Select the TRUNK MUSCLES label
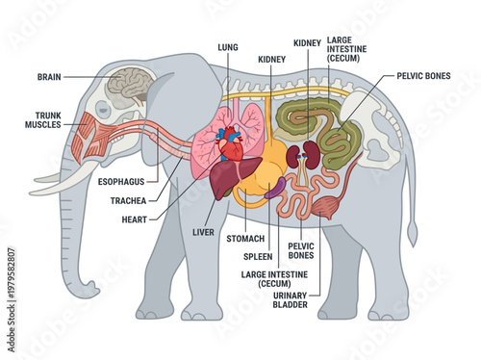coord(42,123)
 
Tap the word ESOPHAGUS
coord(122,180)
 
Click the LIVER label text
coord(203,231)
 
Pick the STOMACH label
coord(245,237)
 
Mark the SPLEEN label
coord(258,257)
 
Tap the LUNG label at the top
coord(228,45)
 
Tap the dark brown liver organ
coord(227,178)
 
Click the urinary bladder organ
coord(331,203)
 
